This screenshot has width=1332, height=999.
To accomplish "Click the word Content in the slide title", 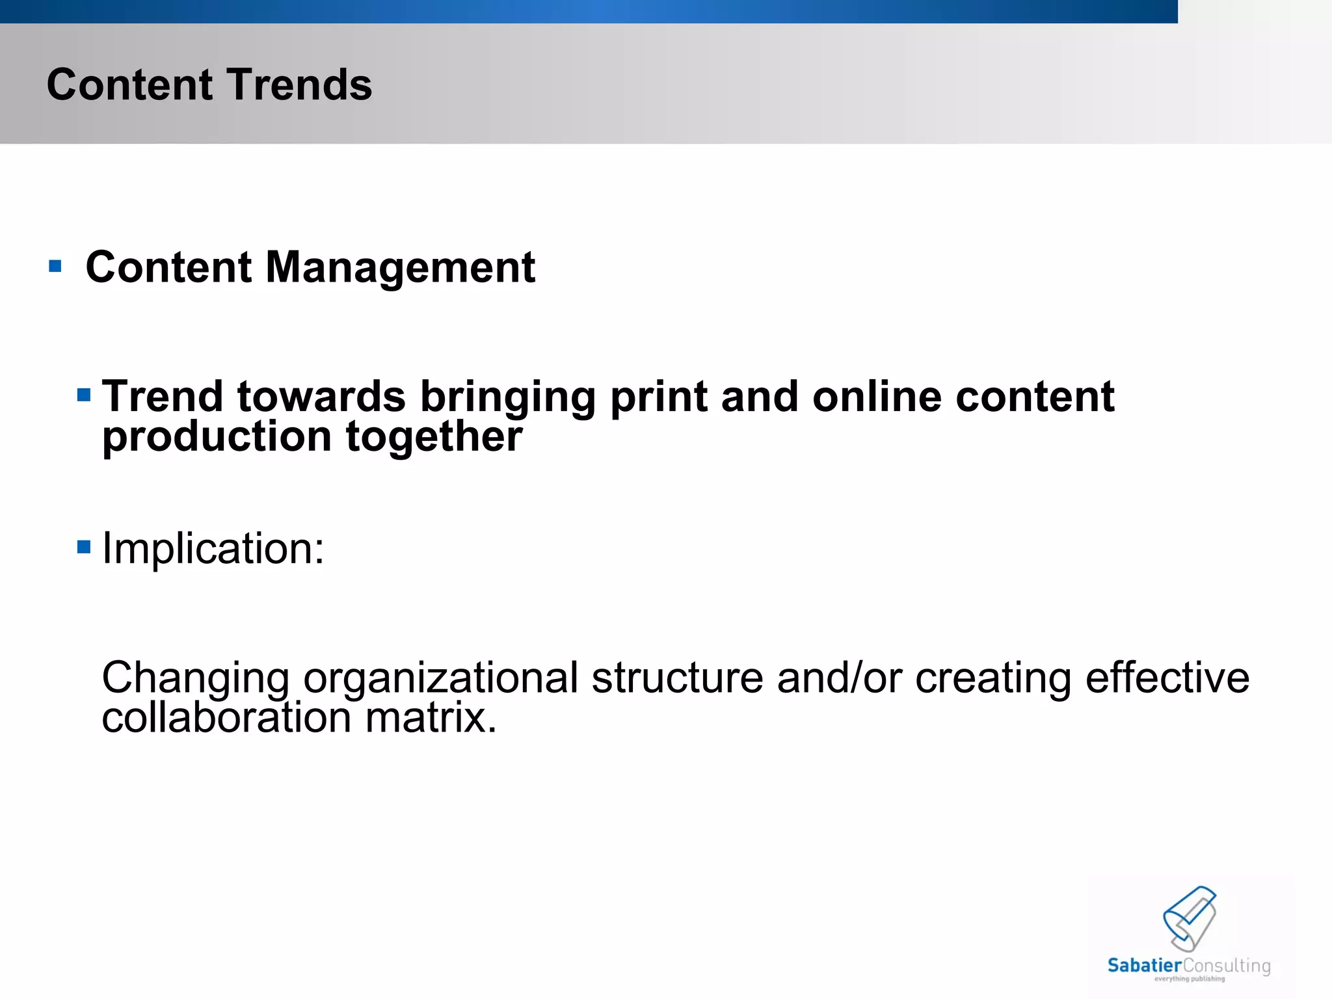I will [x=129, y=85].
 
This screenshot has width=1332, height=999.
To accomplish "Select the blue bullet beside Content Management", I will [x=55, y=266].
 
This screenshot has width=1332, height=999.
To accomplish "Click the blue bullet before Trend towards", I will [x=83, y=395].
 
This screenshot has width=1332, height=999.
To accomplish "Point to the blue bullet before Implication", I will [x=83, y=546].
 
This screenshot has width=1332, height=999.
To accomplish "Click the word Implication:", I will [x=213, y=549].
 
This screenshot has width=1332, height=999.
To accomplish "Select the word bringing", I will [x=507, y=398].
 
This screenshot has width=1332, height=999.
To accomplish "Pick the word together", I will [x=434, y=436].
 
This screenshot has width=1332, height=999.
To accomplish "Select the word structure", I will [x=677, y=678].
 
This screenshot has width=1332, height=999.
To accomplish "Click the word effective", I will [x=1167, y=678].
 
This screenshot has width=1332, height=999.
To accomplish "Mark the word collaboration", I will [x=226, y=717].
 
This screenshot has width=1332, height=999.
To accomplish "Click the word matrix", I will [x=431, y=717].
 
